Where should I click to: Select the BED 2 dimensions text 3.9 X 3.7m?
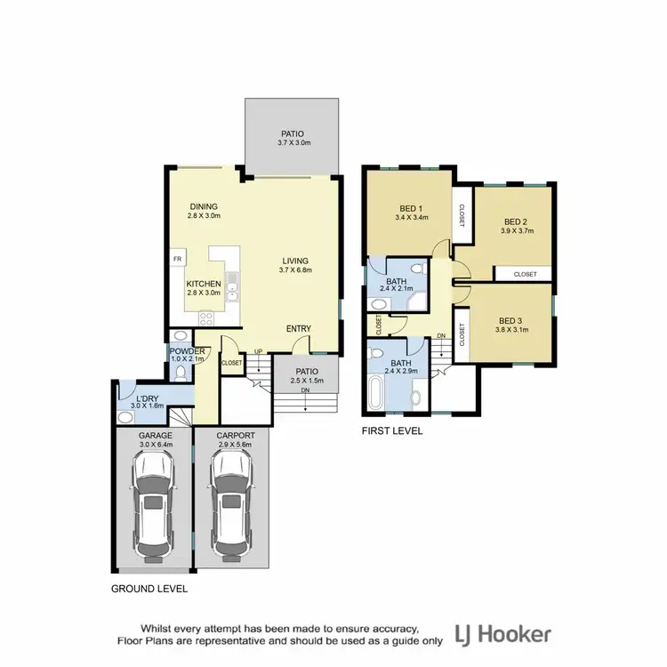click(x=516, y=231)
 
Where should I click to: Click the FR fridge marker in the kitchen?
click(x=178, y=260)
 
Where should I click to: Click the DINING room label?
click(x=204, y=207)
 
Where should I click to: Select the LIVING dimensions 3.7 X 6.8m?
click(x=295, y=270)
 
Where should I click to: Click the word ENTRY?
click(x=298, y=329)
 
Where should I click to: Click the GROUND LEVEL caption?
click(x=149, y=589)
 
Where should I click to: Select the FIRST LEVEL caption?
click(x=392, y=430)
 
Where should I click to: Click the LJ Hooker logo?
click(x=502, y=634)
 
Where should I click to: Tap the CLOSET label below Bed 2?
click(x=525, y=275)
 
